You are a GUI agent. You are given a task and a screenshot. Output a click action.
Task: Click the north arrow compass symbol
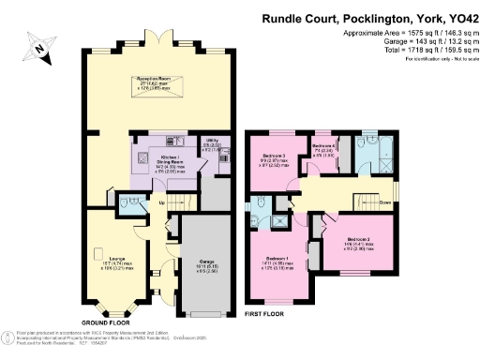coord(38,46)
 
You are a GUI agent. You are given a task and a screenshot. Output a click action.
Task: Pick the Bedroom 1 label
coord(279,259)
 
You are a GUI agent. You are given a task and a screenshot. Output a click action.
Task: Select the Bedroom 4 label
coord(323,147)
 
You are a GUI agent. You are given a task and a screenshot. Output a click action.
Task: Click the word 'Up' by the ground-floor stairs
coord(160,202)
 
